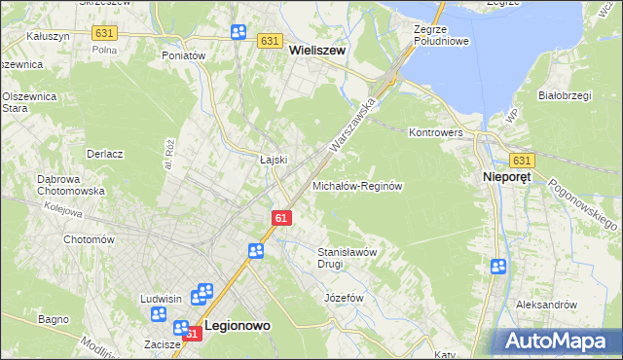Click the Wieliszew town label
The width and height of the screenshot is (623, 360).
tap(317, 57)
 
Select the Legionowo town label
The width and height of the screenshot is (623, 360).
tap(238, 329)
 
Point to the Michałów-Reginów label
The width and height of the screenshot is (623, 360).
tap(357, 185)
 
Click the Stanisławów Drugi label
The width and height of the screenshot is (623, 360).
tap(348, 258)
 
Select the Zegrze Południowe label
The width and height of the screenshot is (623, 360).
tap(441, 35)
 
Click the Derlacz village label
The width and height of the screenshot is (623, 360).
tap(104, 154)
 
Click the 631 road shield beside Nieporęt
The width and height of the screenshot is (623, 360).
tap(521, 160)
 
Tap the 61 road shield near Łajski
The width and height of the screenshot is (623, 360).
tap(280, 219)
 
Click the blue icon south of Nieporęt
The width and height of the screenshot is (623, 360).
tap(499, 266)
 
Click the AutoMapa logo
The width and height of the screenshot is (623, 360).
tap(558, 342)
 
